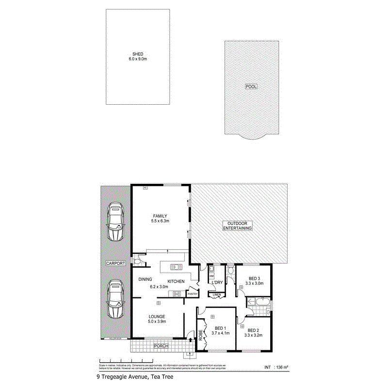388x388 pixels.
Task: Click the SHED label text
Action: [138, 54]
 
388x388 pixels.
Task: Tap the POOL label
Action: [251, 87]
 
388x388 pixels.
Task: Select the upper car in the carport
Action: [115, 222]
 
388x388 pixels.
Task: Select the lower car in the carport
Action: [115, 299]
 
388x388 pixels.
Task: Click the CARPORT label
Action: [115, 263]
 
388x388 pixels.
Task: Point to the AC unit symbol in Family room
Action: [145, 188]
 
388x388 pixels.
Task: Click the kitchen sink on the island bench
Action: [175, 266]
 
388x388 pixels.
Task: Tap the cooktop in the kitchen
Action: [177, 293]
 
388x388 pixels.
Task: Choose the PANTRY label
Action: [192, 294]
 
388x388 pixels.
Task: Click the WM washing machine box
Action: [212, 276]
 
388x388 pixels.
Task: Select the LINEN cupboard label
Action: [216, 295]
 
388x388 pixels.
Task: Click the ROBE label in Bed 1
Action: [200, 335]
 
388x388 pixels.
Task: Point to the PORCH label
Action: [160, 346]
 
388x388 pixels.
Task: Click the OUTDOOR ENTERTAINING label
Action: [237, 226]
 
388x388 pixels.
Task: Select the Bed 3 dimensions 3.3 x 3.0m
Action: [254, 283]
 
